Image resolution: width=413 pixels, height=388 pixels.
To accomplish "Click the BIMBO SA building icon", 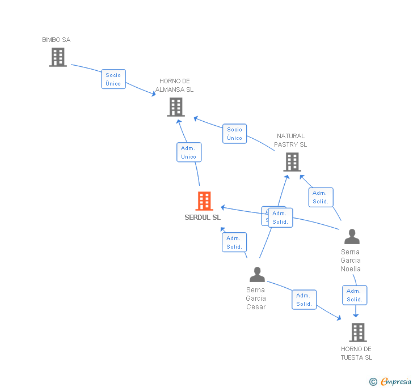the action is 58,57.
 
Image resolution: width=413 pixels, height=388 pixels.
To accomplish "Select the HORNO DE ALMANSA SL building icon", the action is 176,107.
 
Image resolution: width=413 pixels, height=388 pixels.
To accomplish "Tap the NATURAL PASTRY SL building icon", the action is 292,162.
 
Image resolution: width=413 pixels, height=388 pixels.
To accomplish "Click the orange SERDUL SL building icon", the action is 204,201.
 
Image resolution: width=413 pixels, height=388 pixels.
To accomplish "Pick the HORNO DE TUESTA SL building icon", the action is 357,332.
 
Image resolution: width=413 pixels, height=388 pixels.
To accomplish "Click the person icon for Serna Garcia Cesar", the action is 257,275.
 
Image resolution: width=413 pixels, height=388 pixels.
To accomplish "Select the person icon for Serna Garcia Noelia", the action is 352,237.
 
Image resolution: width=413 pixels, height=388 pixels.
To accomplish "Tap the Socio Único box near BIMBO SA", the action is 113,79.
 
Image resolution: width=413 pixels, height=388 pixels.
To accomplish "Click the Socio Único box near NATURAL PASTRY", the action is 234,134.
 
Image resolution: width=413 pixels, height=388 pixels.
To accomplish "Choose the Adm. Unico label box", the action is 189,152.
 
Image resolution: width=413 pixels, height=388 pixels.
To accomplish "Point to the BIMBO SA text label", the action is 57,40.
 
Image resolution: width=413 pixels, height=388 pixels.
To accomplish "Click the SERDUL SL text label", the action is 203,218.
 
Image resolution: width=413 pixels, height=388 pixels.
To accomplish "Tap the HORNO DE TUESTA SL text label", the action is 356,353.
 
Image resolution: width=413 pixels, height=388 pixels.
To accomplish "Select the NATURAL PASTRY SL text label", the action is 290,140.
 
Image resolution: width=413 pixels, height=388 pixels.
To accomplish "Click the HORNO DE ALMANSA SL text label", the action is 175,86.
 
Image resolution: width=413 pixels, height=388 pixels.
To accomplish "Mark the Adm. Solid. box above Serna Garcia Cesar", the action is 234,242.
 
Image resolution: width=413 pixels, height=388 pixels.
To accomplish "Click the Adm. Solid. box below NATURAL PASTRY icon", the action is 321,197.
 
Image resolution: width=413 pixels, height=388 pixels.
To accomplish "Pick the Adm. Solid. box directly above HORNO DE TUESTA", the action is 355,295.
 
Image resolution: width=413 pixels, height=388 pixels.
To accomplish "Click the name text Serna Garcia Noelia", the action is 351,261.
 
